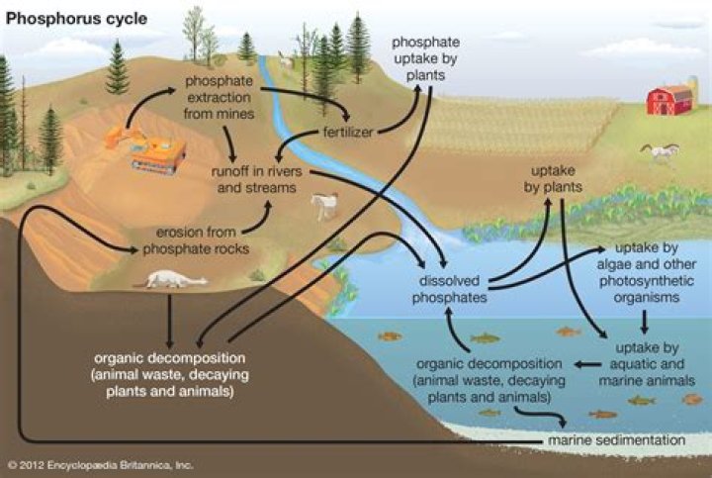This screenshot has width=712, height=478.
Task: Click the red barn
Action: (669, 99)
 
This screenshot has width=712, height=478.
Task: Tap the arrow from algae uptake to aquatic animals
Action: (645, 321)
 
